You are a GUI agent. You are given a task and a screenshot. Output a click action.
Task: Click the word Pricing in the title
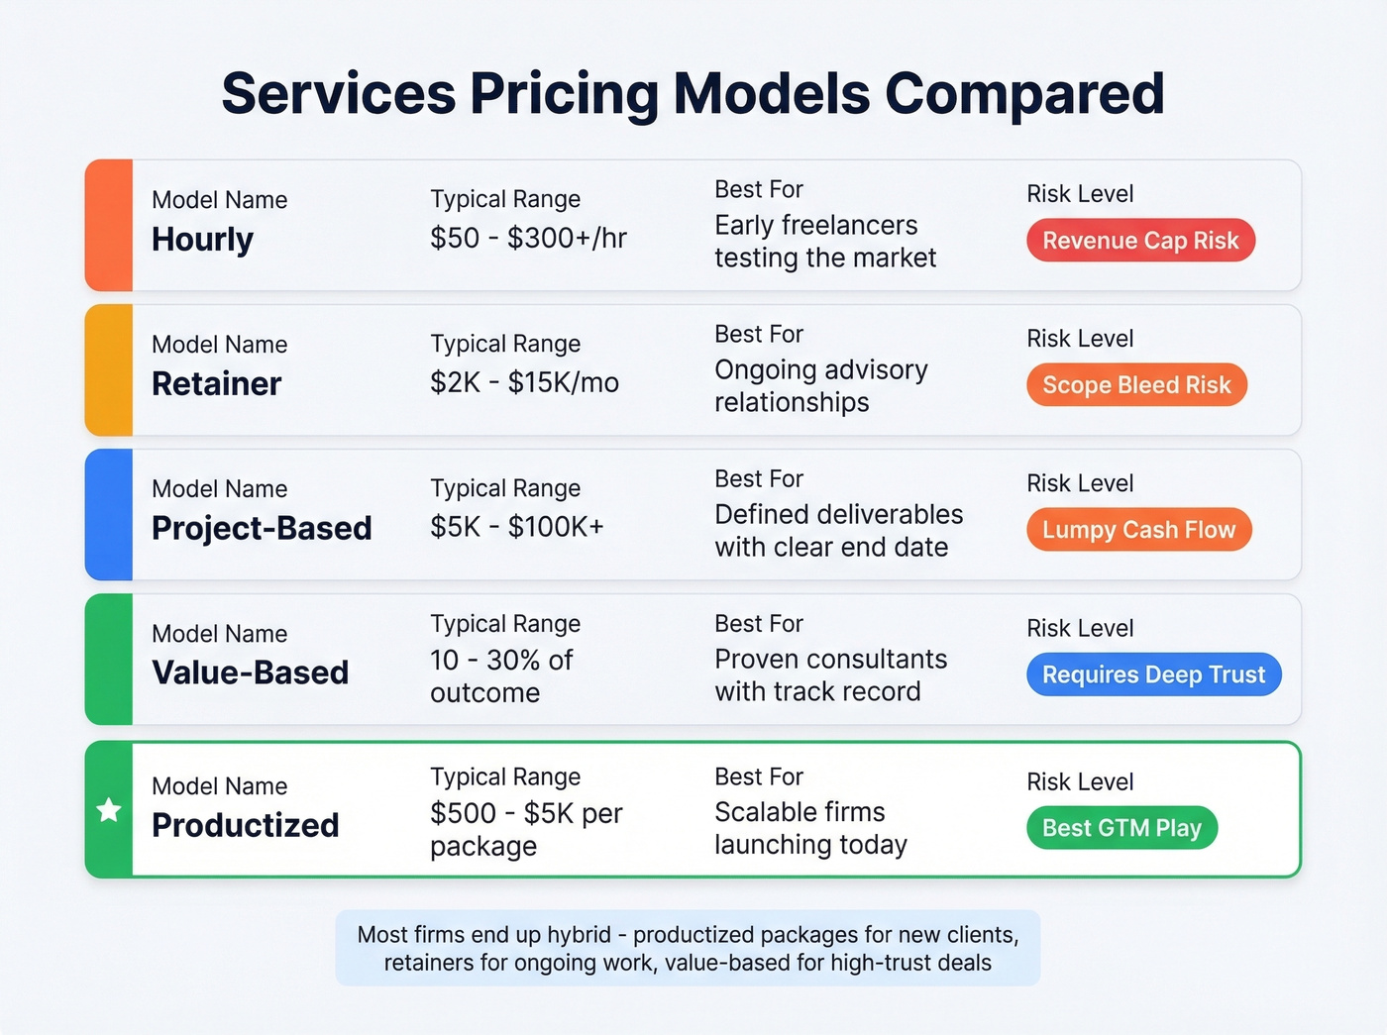pos(564,94)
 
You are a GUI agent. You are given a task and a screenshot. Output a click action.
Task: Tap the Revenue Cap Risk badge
pos(1140,241)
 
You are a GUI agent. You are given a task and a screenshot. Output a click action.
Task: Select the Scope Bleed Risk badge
pos(1136,385)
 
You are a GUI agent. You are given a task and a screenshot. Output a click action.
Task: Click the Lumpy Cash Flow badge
pos(1138,530)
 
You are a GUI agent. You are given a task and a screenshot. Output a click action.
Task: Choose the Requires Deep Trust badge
pos(1153,674)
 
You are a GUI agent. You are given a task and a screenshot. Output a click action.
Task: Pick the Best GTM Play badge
pos(1121,828)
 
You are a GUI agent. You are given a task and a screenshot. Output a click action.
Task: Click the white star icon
pos(109,810)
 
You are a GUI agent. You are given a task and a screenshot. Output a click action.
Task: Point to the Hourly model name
pos(202,240)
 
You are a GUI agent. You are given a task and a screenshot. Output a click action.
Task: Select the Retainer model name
pos(216,384)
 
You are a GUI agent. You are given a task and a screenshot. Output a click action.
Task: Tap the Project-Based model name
pos(262,529)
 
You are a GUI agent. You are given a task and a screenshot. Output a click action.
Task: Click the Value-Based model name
pos(250,673)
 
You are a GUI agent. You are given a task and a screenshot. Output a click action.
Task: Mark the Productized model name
pos(245,826)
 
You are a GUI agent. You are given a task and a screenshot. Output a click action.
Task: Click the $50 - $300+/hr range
pos(528,239)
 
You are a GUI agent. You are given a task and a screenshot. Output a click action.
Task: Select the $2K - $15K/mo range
pos(524,383)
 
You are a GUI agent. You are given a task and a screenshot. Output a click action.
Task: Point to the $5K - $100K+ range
pos(516,528)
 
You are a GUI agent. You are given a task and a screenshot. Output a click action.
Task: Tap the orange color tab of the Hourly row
pos(109,225)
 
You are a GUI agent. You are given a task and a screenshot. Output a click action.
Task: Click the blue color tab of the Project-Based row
pos(109,514)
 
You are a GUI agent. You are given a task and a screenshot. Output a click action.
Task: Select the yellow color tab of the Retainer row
pos(109,369)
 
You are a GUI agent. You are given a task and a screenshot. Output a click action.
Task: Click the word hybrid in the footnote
pos(580,935)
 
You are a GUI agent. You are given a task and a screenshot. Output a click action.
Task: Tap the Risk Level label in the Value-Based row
pos(1080,628)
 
